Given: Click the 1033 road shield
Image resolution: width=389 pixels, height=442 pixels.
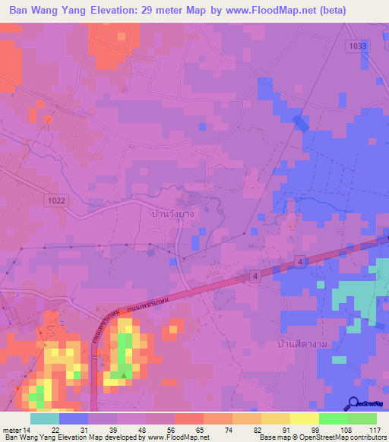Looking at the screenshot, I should click(358, 46).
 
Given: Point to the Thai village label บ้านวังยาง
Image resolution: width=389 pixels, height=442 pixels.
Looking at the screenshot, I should click(173, 214).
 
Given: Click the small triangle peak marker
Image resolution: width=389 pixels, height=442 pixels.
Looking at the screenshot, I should click(124, 374).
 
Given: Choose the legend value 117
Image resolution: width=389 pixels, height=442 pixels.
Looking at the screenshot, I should click(375, 431).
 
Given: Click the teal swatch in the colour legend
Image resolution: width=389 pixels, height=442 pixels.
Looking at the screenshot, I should click(45, 418).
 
